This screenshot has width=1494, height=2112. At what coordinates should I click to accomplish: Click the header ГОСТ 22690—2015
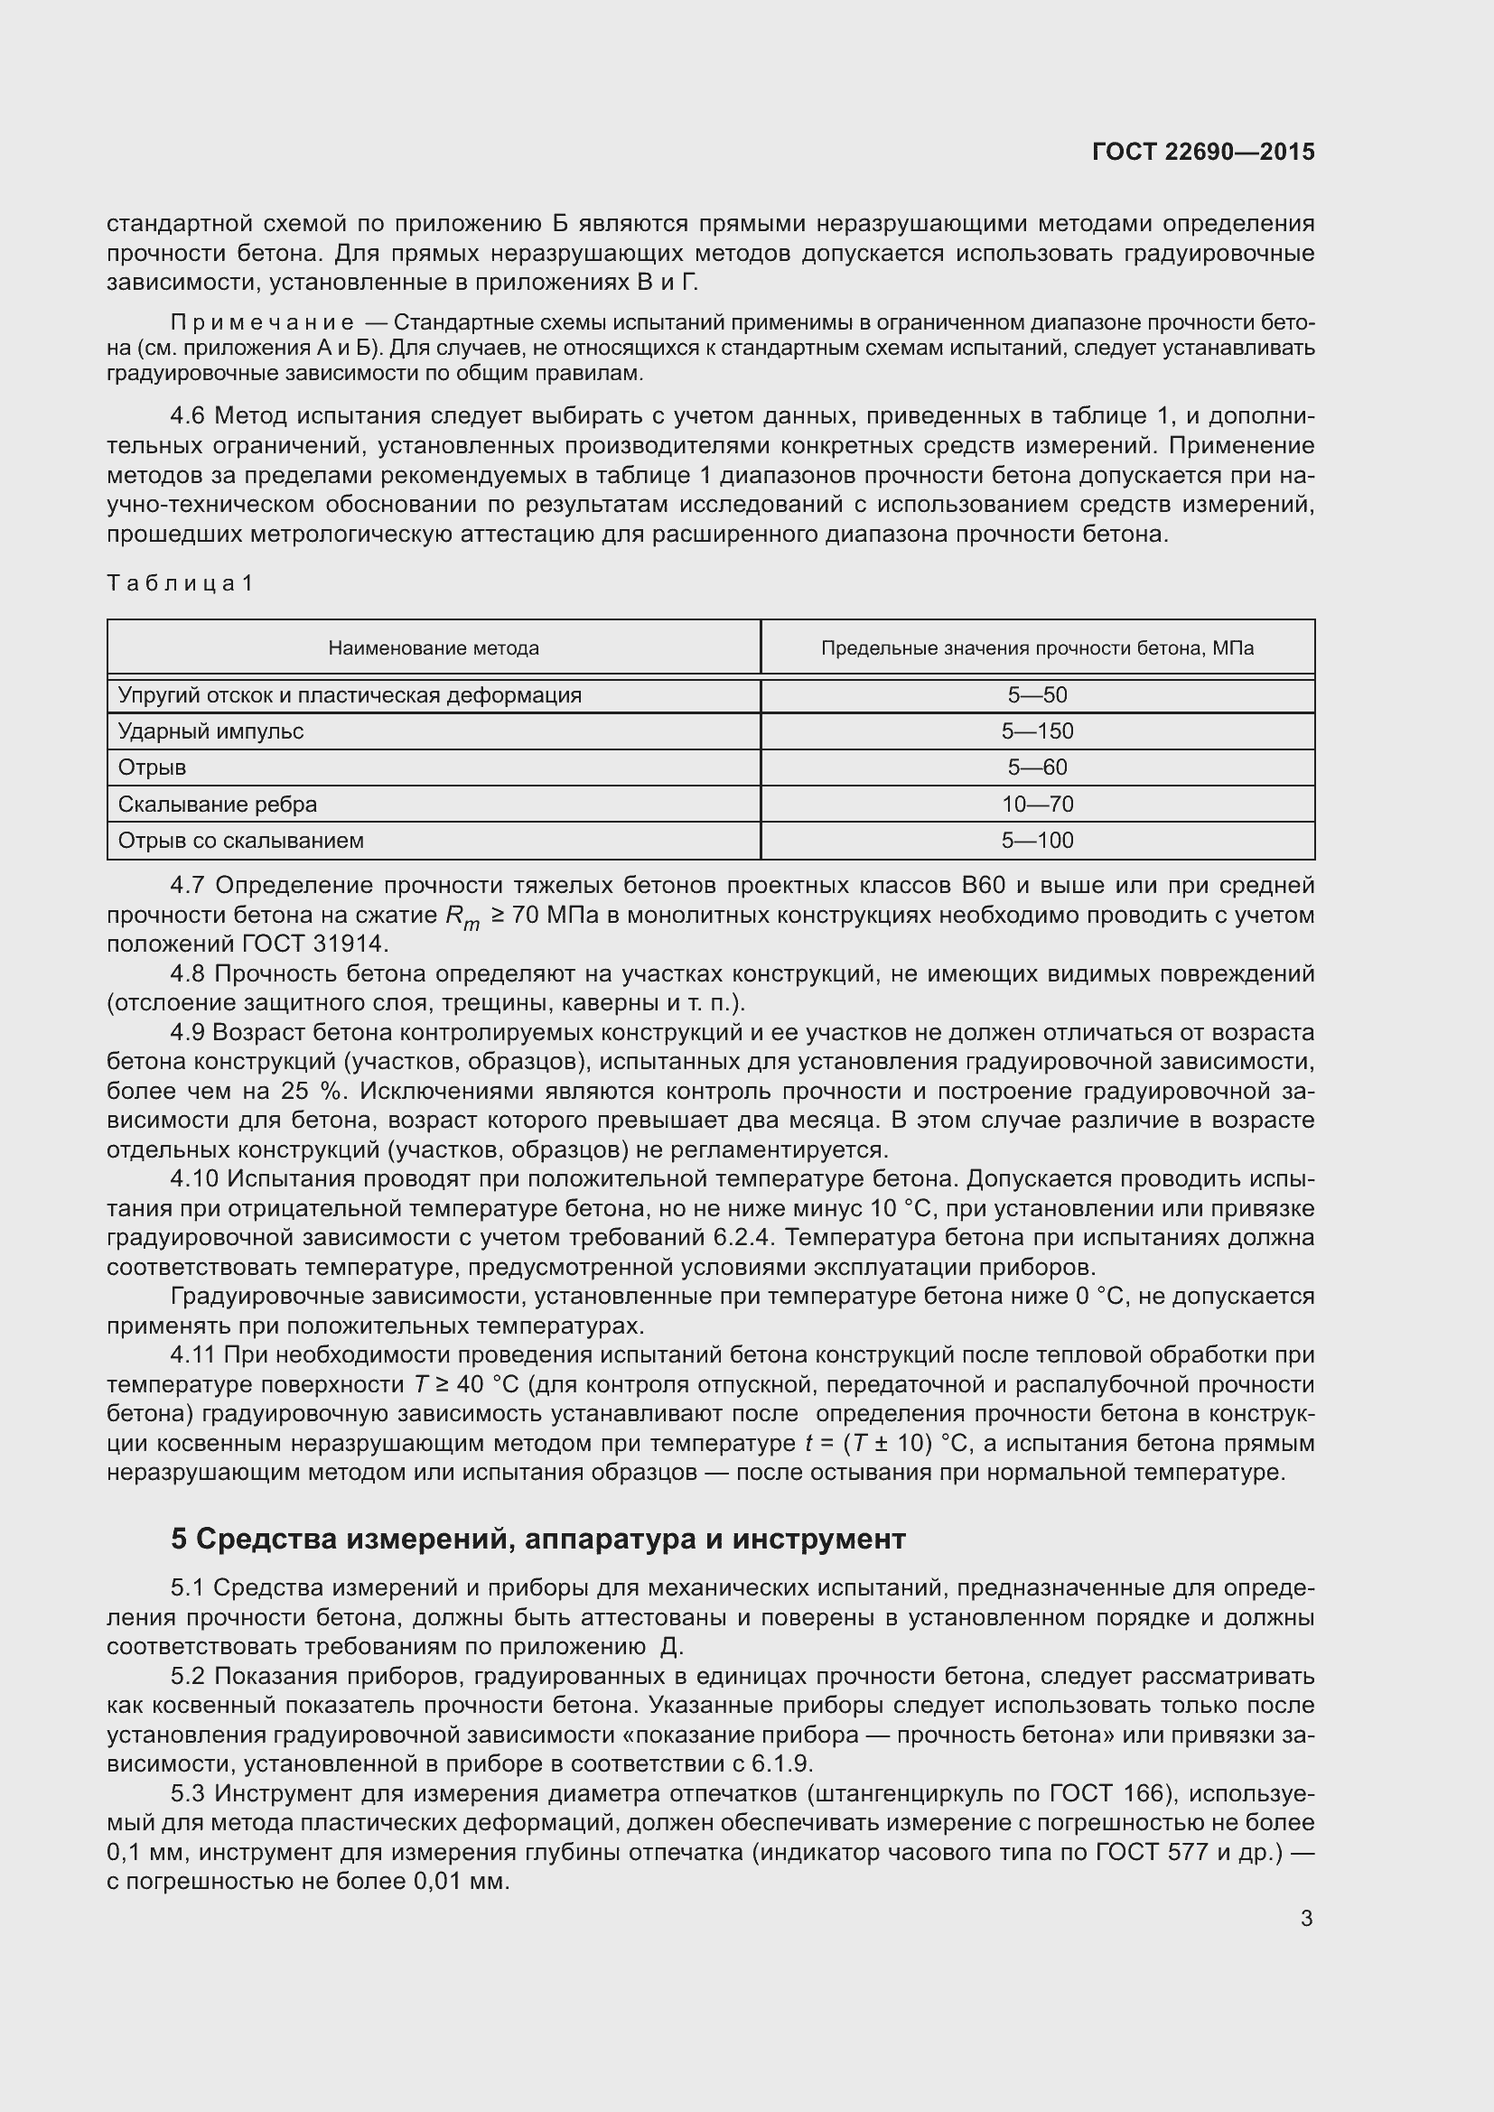[x=1202, y=152]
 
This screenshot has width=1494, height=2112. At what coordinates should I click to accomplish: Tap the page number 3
[x=1306, y=1918]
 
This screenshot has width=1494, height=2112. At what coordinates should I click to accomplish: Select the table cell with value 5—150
[x=1037, y=731]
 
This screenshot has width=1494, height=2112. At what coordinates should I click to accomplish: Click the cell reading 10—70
[x=1037, y=804]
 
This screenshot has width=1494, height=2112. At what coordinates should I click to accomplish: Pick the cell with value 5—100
[x=1037, y=840]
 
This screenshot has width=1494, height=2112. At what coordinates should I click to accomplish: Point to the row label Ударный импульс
[x=210, y=731]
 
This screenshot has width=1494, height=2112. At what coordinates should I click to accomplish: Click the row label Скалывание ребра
[x=217, y=804]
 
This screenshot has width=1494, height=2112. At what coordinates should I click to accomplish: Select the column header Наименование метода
[x=434, y=648]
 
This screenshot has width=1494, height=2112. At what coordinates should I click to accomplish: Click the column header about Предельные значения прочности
[x=1037, y=648]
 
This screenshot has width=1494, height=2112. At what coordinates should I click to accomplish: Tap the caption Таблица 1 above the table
[x=180, y=583]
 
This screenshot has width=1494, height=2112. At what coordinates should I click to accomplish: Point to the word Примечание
[x=262, y=323]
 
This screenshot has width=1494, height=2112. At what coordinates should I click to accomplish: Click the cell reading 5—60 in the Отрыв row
[x=1037, y=768]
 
